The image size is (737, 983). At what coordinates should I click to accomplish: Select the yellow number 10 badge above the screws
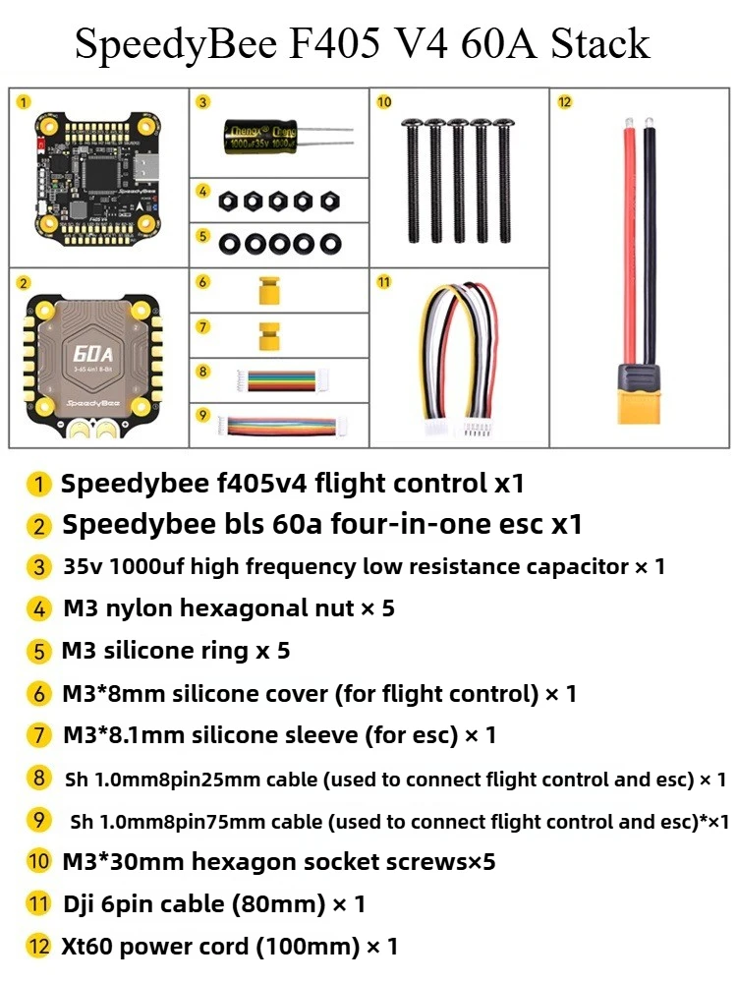click(383, 101)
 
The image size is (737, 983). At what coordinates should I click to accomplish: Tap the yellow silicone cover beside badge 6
click(265, 291)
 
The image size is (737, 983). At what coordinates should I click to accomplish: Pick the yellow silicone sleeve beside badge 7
click(265, 334)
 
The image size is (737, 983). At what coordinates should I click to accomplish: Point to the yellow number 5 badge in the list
click(39, 651)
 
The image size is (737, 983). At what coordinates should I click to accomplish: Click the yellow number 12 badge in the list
click(39, 947)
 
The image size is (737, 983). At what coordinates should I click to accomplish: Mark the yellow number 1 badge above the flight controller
click(25, 100)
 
